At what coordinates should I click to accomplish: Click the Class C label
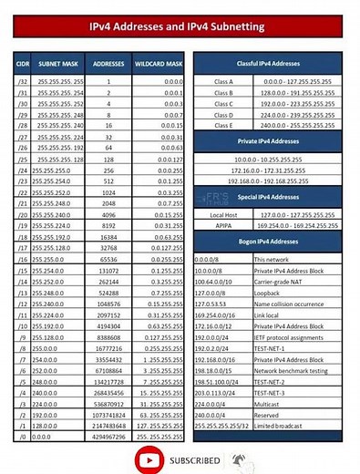(x=223, y=103)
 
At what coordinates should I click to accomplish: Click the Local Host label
(x=223, y=214)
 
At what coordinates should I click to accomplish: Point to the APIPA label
(x=223, y=225)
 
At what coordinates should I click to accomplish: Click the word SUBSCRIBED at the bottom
(x=194, y=459)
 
